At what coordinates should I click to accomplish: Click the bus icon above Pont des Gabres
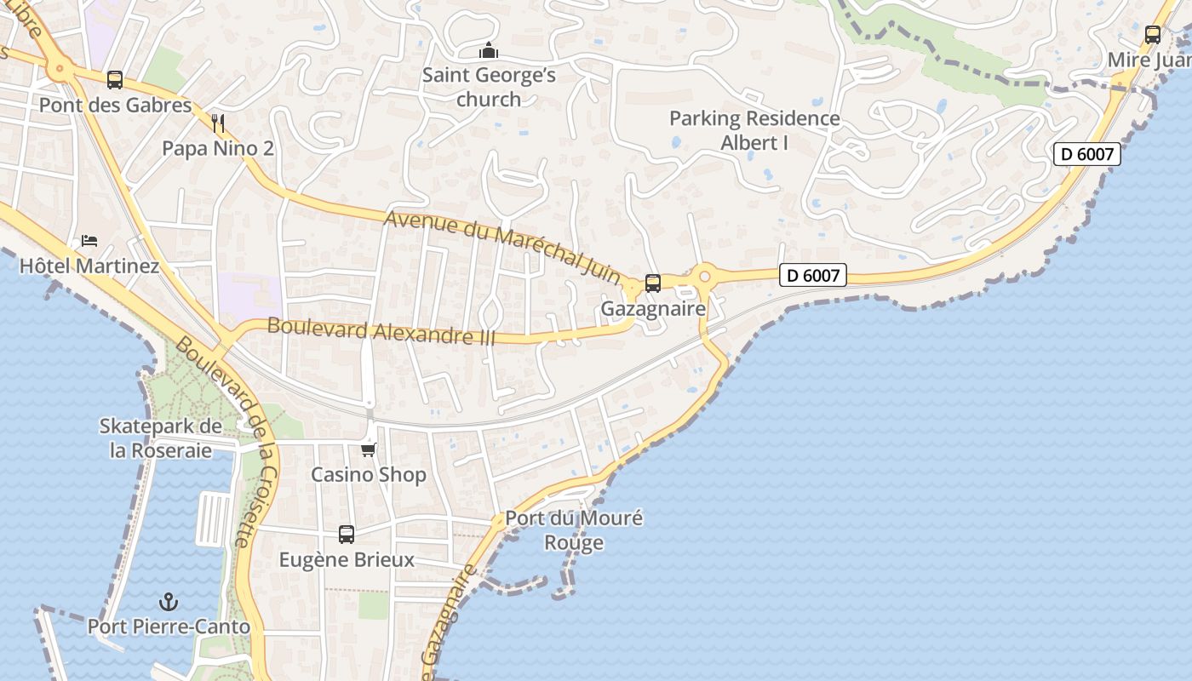tap(115, 80)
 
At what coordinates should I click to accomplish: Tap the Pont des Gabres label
tap(116, 106)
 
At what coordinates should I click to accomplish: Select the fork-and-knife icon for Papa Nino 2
tap(218, 123)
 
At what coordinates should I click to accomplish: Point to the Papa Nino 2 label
tap(218, 149)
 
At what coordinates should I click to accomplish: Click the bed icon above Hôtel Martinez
tap(89, 241)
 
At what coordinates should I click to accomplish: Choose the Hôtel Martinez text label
tap(89, 266)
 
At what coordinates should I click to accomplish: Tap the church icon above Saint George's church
tap(488, 50)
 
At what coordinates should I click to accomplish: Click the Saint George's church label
tap(489, 88)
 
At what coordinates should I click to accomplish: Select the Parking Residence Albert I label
tap(754, 130)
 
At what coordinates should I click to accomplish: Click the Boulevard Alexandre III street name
tap(381, 330)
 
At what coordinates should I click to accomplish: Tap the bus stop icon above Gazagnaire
tap(653, 283)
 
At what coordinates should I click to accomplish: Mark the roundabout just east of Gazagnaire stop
tap(704, 276)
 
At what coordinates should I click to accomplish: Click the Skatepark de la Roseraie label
tap(161, 438)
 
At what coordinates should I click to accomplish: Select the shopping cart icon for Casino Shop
tap(369, 449)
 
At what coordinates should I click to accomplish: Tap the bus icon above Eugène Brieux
tap(347, 535)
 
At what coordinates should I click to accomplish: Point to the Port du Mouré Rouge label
tap(574, 530)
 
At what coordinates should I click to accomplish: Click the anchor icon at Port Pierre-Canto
tap(169, 602)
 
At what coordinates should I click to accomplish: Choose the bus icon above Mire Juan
tap(1153, 35)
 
